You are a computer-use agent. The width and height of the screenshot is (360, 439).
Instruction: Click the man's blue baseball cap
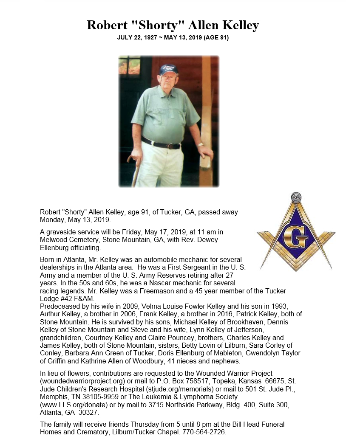point(168,69)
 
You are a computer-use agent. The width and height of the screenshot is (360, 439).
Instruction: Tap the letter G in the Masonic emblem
point(295,237)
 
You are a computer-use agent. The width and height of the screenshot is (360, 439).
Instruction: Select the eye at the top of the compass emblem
point(296,197)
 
